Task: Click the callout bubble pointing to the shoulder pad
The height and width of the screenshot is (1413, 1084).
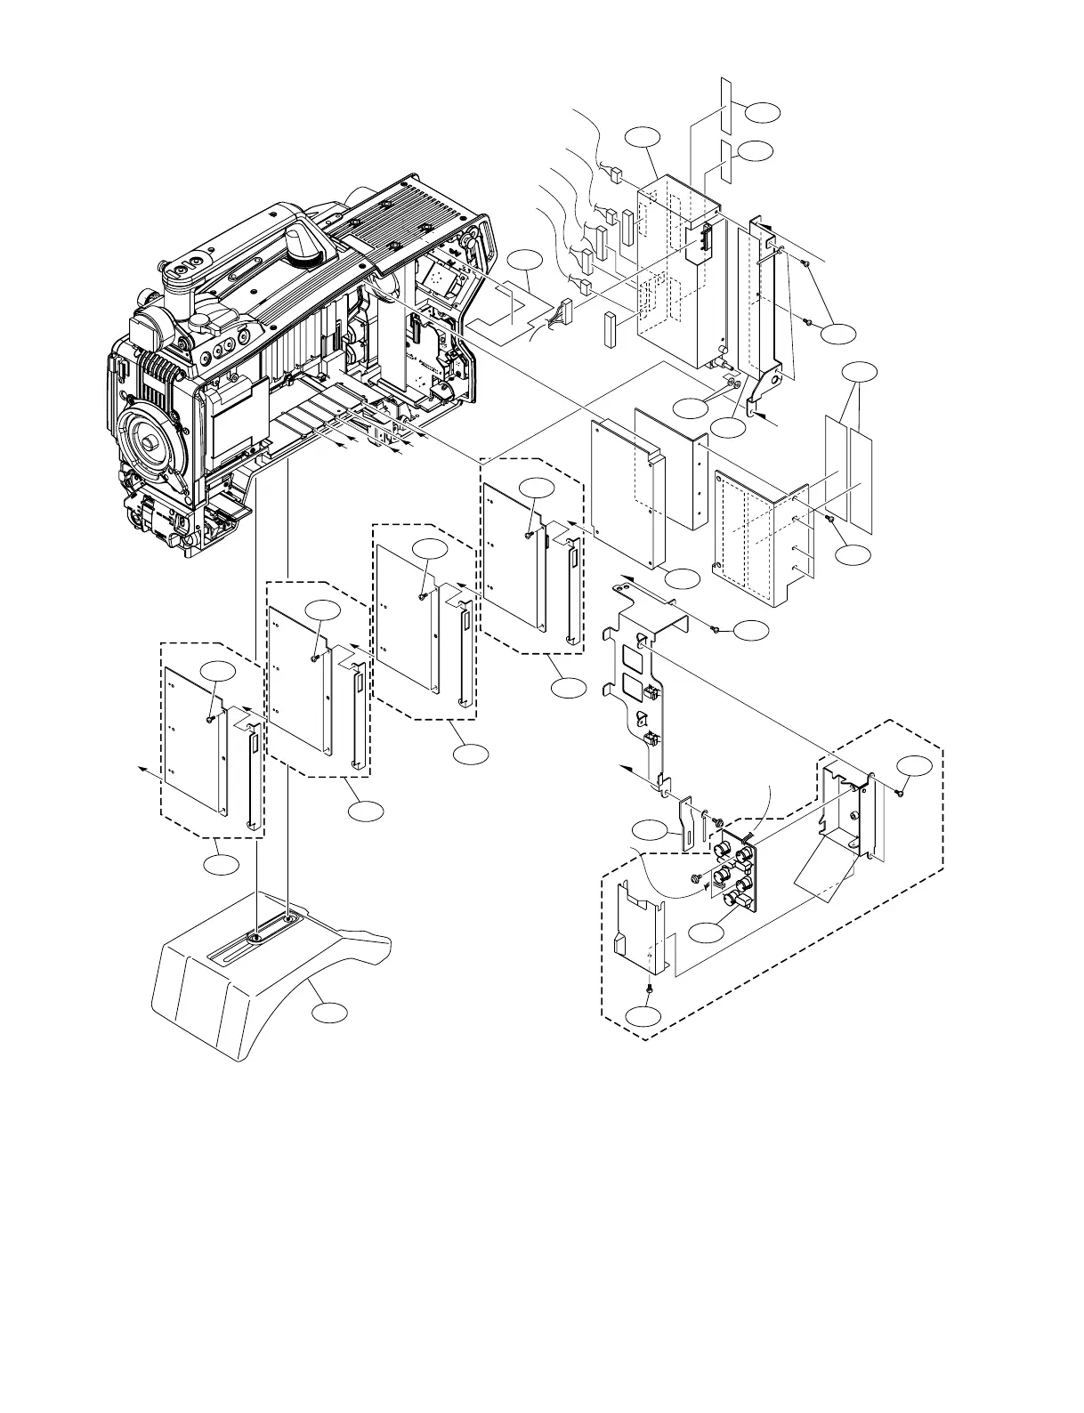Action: point(329,1013)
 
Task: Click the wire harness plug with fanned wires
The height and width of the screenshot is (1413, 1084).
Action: point(562,314)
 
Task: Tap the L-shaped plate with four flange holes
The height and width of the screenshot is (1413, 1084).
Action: point(761,538)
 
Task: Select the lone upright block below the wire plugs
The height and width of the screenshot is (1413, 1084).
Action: point(611,327)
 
